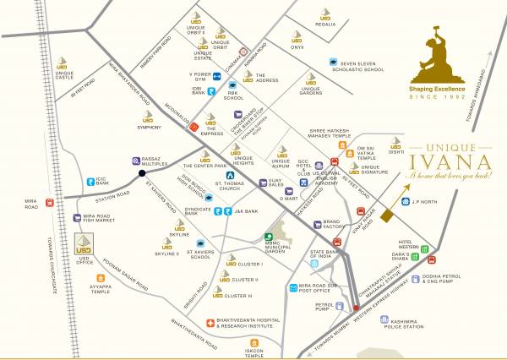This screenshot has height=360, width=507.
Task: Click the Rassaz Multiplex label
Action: pos(161,161)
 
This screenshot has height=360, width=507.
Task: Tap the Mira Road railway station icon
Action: pos(51,203)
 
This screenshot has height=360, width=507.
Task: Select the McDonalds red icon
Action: pos(194,126)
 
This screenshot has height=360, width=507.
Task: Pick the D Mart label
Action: pos(290,197)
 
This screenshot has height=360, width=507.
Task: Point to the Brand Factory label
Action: pos(336,226)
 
